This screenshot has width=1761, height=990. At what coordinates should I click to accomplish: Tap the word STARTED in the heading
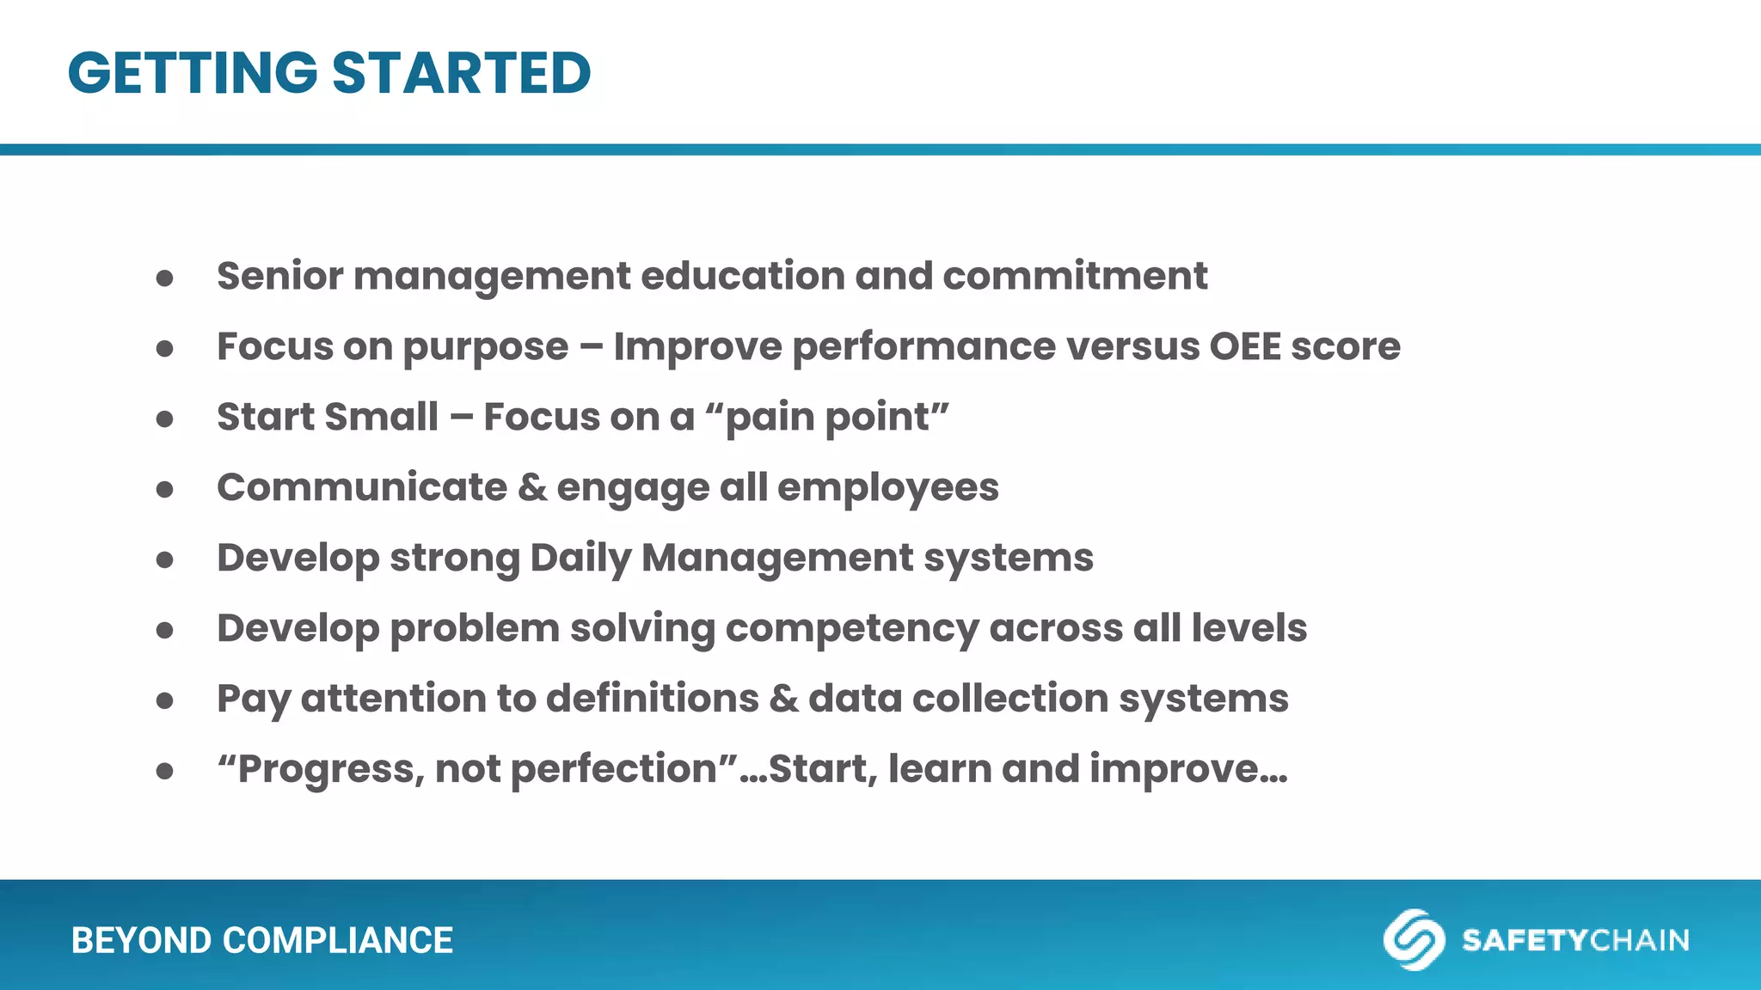(x=462, y=72)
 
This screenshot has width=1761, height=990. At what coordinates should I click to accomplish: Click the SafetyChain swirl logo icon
(x=1414, y=939)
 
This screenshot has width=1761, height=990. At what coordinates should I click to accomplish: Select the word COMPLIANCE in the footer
(x=338, y=940)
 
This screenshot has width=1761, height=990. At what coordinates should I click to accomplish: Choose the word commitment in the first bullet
(x=1075, y=276)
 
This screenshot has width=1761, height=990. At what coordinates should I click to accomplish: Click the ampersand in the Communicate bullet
(x=532, y=487)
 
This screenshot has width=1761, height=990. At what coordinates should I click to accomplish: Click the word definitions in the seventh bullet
(x=653, y=698)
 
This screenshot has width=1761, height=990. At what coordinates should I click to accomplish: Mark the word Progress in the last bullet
(x=330, y=769)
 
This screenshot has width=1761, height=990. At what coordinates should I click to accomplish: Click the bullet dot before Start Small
(x=165, y=419)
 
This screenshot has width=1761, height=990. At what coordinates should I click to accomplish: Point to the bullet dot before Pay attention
(x=165, y=701)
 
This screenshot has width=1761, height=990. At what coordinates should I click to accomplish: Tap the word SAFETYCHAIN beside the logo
(x=1575, y=940)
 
